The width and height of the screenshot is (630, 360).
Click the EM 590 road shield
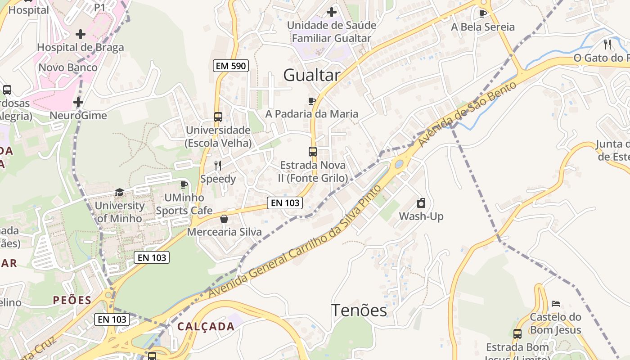click(x=230, y=66)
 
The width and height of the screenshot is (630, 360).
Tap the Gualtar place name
click(x=311, y=75)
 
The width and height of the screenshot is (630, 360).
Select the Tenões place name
click(x=359, y=310)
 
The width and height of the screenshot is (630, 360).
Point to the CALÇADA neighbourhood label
click(x=206, y=326)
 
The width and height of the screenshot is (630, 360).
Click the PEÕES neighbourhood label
click(x=72, y=300)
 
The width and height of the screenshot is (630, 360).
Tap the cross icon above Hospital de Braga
click(x=81, y=34)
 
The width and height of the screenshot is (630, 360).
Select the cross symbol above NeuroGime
click(x=78, y=103)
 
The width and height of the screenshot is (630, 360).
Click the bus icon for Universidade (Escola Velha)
click(x=218, y=117)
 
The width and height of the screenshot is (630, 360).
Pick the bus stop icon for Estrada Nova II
click(x=313, y=152)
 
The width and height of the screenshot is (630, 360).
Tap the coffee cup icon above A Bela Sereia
click(x=483, y=13)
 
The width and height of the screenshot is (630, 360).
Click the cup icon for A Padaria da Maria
click(x=311, y=101)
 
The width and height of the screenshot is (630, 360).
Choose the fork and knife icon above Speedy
click(x=218, y=165)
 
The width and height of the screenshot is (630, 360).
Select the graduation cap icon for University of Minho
click(x=119, y=193)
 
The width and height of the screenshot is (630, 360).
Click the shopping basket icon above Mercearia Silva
click(x=224, y=219)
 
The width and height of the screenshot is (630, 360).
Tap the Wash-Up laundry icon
click(x=421, y=203)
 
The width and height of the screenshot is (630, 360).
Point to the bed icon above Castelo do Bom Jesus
click(x=556, y=304)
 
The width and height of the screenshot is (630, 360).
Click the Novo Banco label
click(x=68, y=67)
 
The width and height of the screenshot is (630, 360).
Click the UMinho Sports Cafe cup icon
click(x=184, y=184)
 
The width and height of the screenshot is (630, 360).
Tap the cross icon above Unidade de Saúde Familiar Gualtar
click(x=332, y=12)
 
